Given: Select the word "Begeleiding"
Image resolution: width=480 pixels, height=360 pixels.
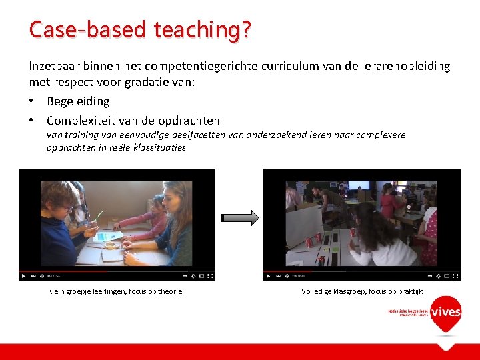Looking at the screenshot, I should [78, 101].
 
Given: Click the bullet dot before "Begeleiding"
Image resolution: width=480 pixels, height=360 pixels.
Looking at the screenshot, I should [33, 101].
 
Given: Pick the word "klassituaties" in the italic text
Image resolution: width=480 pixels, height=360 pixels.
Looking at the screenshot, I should [159, 147].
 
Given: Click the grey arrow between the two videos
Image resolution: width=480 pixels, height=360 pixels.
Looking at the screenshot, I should [239, 218].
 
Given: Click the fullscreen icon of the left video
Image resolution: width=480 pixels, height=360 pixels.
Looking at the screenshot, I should [210, 275].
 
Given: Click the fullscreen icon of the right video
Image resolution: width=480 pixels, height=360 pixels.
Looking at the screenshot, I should [456, 275].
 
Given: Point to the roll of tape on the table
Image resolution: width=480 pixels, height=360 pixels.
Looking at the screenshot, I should [109, 245].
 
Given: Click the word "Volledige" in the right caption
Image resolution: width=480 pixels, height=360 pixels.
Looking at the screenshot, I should [316, 291].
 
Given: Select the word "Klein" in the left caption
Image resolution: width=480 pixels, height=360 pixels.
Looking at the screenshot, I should [57, 291].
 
